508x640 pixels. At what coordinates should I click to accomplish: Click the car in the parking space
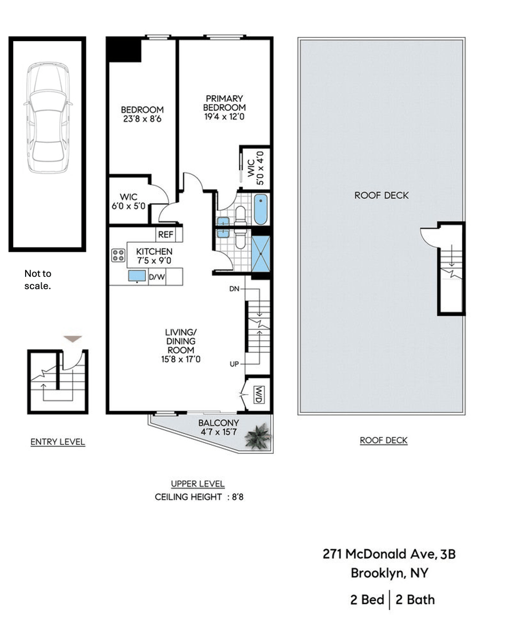[x=48, y=118]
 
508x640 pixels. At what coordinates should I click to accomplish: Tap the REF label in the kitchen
[x=165, y=235]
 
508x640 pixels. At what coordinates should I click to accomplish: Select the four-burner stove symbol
[x=118, y=255]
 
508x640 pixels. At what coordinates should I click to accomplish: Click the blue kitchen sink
[x=137, y=276]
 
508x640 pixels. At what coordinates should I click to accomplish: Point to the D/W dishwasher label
[x=157, y=277]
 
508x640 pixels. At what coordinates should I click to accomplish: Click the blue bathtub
[x=261, y=209]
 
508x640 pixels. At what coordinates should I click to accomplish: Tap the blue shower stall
[x=261, y=254]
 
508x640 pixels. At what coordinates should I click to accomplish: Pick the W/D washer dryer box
[x=259, y=395]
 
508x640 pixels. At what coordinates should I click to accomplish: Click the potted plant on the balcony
[x=258, y=437]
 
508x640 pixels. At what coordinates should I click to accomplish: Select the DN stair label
[x=234, y=289]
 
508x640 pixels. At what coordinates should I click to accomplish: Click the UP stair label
[x=234, y=364]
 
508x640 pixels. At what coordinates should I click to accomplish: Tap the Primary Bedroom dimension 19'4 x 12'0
[x=224, y=117]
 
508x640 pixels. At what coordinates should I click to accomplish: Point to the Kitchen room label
[x=154, y=251]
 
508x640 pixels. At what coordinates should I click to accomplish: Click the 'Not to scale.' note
[x=38, y=279]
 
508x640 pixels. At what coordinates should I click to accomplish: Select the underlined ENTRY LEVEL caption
[x=58, y=442]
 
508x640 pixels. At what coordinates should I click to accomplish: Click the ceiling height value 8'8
[x=237, y=497]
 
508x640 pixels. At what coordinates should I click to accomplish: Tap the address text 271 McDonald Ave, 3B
[x=389, y=554]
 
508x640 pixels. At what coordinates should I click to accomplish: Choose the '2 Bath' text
[x=415, y=599]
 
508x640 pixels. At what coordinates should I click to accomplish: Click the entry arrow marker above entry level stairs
[x=73, y=339]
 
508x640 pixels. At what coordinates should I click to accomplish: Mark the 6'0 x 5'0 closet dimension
[x=129, y=206]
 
